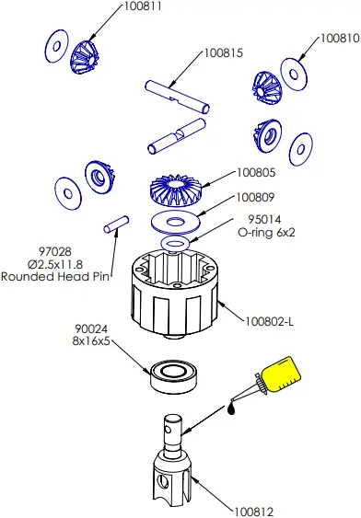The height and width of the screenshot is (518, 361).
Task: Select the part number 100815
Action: pos(224,53)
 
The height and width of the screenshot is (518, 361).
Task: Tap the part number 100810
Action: pos(339,40)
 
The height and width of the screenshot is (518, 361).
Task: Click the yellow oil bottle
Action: pos(278,377)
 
